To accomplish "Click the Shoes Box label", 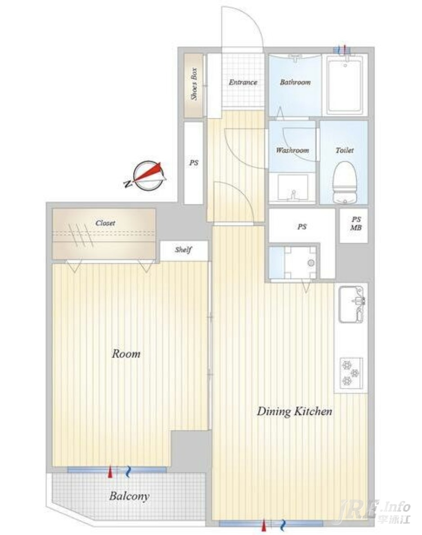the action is (194, 84).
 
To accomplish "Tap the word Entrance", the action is (243, 82).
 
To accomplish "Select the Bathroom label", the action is (296, 82).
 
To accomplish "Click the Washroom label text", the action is (293, 150).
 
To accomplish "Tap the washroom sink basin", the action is (293, 187).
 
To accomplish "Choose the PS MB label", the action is (356, 224).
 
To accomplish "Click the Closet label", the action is (105, 223).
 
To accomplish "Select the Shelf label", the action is (183, 250).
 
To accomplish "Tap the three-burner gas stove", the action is (351, 373).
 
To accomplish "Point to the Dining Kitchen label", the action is (294, 411).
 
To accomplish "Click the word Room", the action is (126, 354).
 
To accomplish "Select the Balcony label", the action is (129, 496).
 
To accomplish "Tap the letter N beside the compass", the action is (128, 184).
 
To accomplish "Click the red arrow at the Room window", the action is (110, 472).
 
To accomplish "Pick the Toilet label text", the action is (345, 150).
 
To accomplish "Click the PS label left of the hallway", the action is (194, 163).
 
